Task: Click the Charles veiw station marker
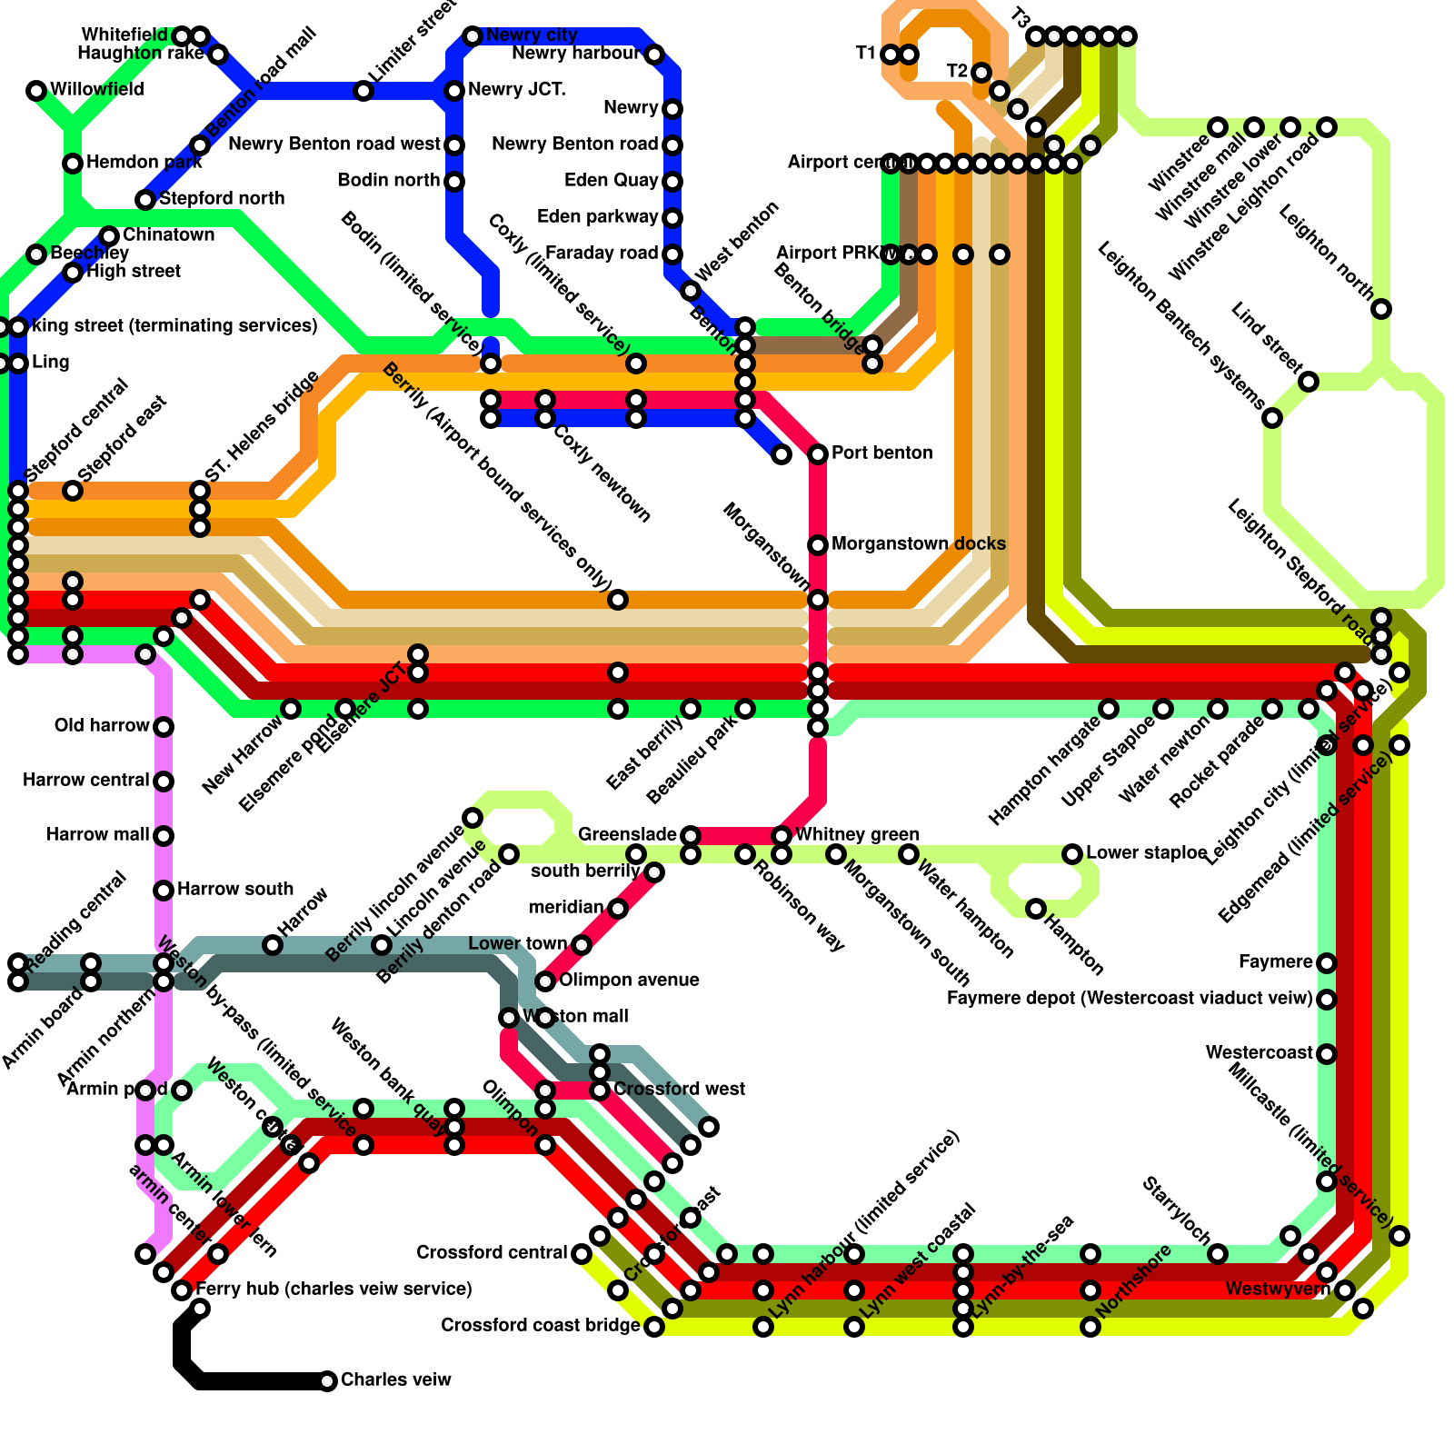327,1381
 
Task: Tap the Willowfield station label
96,90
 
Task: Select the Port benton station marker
818,454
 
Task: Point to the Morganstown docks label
918,544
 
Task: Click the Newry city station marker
473,36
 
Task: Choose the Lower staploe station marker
1072,854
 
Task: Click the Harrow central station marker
164,782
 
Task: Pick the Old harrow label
101,726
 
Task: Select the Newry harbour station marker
654,55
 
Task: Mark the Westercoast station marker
1327,1054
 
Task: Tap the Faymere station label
1275,962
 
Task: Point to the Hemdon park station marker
73,164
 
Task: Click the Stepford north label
221,199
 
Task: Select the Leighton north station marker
1381,309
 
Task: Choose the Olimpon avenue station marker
545,981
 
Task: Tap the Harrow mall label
97,835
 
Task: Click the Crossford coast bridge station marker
654,1327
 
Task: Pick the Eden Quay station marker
672,182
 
